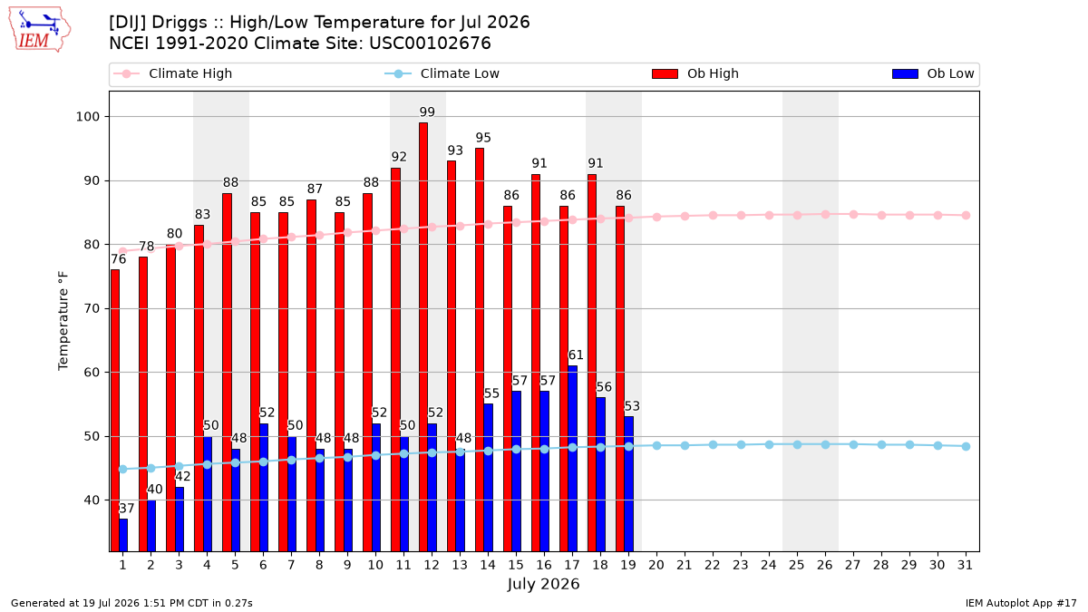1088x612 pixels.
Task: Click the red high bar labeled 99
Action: (x=423, y=336)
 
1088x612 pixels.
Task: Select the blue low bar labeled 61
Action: (x=573, y=459)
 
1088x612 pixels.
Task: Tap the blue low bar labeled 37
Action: (x=123, y=535)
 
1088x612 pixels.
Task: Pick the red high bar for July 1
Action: (x=114, y=411)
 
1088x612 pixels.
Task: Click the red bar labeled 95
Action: (x=480, y=350)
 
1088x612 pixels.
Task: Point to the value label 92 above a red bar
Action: (x=399, y=157)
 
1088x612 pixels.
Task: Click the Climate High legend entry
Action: (x=172, y=73)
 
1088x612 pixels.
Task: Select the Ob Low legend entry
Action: (x=933, y=73)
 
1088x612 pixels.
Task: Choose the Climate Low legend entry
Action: (x=442, y=73)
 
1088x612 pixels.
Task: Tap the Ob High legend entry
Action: (x=695, y=73)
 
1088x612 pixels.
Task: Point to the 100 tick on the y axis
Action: (x=87, y=117)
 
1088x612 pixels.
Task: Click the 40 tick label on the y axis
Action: (x=92, y=500)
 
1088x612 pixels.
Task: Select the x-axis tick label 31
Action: (x=965, y=565)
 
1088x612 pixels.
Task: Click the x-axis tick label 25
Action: (x=797, y=565)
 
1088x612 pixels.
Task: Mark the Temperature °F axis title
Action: (x=63, y=321)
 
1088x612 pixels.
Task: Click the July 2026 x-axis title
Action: (x=543, y=584)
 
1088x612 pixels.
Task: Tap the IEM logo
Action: (x=40, y=30)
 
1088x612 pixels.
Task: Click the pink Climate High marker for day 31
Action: (x=966, y=215)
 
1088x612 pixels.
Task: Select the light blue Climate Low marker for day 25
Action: (x=797, y=444)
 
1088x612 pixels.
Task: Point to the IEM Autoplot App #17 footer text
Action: (x=1021, y=603)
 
